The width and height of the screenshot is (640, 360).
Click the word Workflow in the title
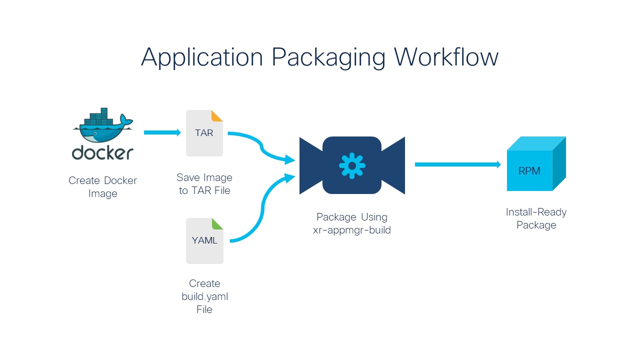click(x=446, y=57)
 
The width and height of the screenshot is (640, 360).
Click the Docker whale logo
click(x=103, y=125)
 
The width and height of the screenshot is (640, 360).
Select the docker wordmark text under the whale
click(x=102, y=152)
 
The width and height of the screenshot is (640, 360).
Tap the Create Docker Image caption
click(x=102, y=187)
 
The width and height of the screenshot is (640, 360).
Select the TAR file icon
click(x=204, y=133)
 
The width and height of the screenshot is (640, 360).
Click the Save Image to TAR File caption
click(x=204, y=184)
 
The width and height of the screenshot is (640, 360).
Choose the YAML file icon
click(x=204, y=241)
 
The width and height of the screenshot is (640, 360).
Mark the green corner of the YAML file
click(x=218, y=223)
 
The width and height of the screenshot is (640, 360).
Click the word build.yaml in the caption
click(x=204, y=296)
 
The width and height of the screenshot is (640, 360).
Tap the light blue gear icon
click(x=352, y=165)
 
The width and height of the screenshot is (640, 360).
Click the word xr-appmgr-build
click(x=352, y=230)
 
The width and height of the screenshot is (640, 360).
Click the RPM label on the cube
click(x=529, y=171)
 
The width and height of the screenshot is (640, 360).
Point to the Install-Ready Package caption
click(x=536, y=218)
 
